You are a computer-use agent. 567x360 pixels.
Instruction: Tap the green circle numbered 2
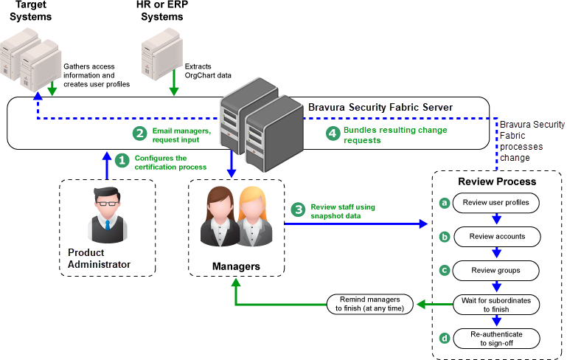(x=139, y=134)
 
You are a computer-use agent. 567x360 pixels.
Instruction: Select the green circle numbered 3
(x=298, y=210)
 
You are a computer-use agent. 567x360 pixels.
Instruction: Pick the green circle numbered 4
(x=333, y=134)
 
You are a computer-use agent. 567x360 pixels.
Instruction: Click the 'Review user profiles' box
(x=496, y=202)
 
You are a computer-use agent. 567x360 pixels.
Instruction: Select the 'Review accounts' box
(x=496, y=236)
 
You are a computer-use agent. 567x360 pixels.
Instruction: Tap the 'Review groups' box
(x=496, y=270)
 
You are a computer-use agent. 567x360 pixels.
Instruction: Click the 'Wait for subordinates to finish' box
(x=496, y=305)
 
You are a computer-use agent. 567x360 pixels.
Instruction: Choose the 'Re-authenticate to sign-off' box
(x=496, y=339)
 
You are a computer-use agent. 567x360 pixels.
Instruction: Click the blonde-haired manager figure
(x=252, y=218)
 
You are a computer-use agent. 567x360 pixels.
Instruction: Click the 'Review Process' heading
(x=497, y=181)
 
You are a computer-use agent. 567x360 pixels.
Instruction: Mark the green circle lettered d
(x=444, y=339)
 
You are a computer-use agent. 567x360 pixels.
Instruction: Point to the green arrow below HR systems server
(x=175, y=86)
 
